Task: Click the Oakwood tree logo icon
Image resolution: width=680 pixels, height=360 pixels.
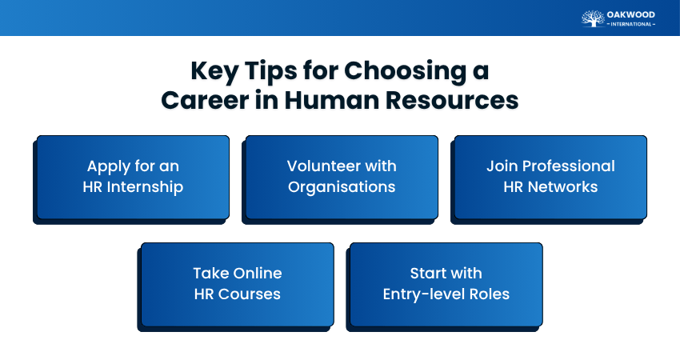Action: pos(592,18)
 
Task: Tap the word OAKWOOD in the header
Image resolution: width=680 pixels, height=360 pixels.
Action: pos(631,14)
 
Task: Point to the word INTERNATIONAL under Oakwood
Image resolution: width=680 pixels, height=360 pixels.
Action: pos(631,24)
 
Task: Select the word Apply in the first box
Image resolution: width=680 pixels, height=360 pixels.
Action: pos(109,166)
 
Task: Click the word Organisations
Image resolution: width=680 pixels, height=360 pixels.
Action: pos(342,187)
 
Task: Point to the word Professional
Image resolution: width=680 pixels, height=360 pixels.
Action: pos(570,166)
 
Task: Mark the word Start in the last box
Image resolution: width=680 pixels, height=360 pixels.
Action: pos(428,273)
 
